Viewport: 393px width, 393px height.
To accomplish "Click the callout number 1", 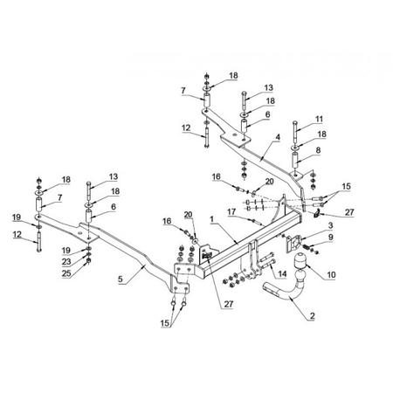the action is pos(212,219).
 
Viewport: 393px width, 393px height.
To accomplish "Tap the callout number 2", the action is pos(313,316).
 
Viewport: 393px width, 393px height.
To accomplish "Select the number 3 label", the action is pos(331,225).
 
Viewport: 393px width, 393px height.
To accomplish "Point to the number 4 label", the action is pos(278,137).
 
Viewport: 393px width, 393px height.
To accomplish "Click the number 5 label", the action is pos(121,279).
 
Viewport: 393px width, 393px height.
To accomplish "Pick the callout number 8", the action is pos(318,150).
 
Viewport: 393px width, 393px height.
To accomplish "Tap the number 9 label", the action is pos(331,238).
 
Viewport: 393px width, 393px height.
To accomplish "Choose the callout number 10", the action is pos(331,274).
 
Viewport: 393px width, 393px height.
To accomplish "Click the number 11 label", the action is pos(319,119).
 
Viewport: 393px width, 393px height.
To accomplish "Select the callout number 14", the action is pos(282,274).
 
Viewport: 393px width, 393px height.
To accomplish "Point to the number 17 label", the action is pos(231,211).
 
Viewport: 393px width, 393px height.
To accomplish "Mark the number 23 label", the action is pos(66,262).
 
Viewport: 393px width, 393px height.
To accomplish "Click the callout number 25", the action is pos(66,273).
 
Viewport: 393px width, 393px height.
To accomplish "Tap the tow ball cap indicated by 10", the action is pos(300,259).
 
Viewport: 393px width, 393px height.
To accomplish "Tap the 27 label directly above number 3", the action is pos(349,212).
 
